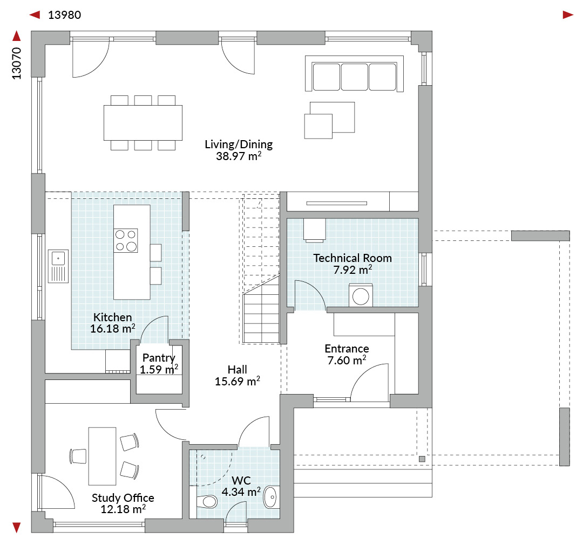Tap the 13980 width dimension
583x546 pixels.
click(64, 15)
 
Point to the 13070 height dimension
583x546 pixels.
click(16, 64)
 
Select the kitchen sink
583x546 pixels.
click(58, 266)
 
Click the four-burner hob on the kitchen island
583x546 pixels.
click(126, 240)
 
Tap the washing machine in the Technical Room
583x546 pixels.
click(361, 295)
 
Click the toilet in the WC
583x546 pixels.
click(207, 502)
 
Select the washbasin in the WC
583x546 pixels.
click(271, 496)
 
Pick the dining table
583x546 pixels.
click(143, 122)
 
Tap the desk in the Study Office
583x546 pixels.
click(102, 456)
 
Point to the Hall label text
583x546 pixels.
click(237, 369)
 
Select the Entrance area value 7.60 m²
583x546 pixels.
click(347, 360)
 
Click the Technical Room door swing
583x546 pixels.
click(310, 295)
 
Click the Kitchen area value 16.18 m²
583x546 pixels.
click(112, 328)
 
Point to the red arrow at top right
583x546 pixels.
click(568, 15)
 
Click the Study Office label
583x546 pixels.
click(123, 497)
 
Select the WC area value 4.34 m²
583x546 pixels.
click(241, 492)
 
